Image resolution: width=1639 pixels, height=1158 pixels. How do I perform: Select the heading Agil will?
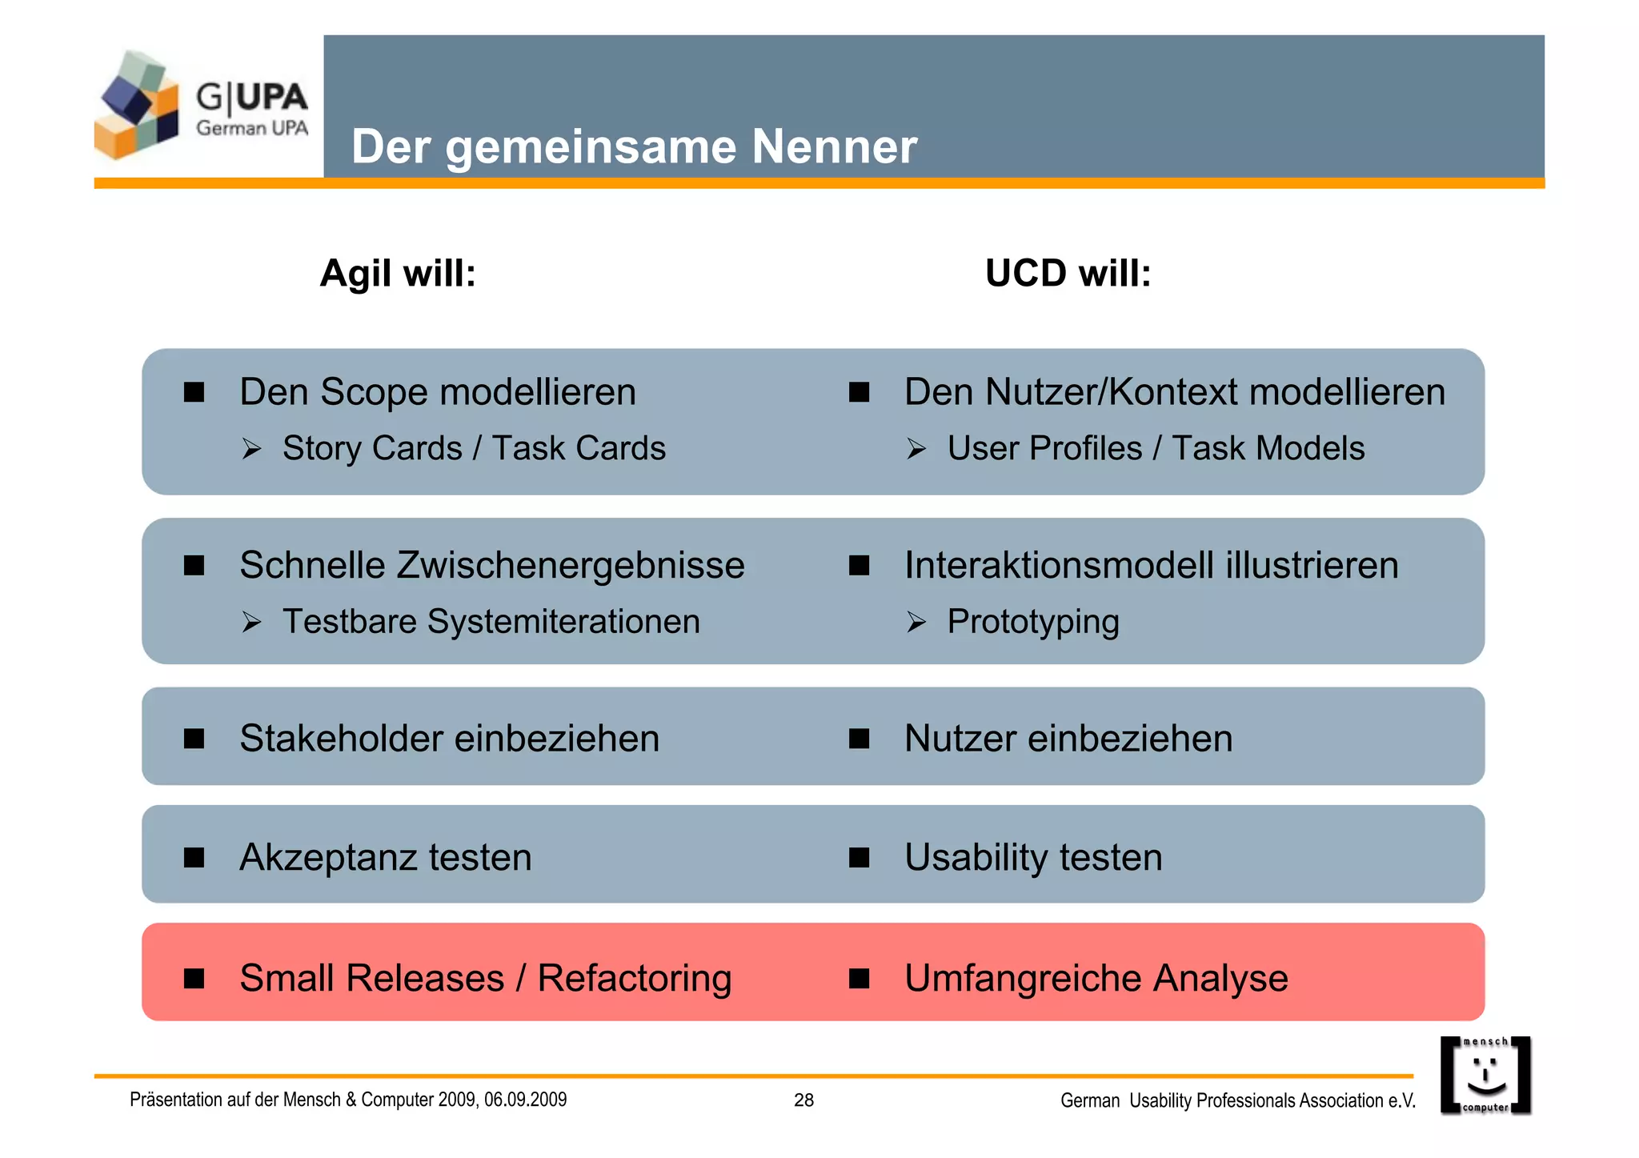point(398,274)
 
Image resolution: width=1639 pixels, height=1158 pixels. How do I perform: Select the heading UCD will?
point(1068,274)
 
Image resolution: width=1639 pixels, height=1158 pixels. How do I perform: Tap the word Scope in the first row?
point(374,393)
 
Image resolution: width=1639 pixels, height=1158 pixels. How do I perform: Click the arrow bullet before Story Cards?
point(252,449)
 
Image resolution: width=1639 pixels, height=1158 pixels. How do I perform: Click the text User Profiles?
point(1044,449)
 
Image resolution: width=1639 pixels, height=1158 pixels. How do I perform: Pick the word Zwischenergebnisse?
point(571,566)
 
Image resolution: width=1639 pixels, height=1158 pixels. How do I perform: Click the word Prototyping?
point(1032,622)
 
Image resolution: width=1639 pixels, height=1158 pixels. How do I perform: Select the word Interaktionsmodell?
point(1059,566)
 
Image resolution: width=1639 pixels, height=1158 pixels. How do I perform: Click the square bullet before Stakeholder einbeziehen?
point(194,738)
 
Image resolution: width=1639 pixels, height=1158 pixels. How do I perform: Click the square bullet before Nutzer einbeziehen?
point(859,738)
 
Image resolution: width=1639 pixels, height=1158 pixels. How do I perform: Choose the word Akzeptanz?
point(327,857)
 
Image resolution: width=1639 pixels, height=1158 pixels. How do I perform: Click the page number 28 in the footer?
point(803,1100)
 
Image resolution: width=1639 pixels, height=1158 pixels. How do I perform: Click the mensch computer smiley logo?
point(1485,1075)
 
